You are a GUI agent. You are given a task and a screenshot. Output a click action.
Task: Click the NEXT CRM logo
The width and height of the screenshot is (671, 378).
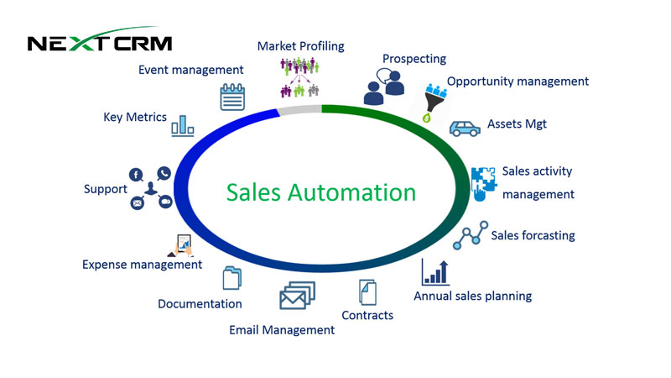point(99,42)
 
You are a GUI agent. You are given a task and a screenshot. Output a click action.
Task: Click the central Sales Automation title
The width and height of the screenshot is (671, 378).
point(321,192)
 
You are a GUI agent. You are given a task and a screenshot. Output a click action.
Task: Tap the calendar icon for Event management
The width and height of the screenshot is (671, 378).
point(231,97)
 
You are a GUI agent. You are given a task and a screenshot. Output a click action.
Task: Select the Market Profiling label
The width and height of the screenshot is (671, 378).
point(300,45)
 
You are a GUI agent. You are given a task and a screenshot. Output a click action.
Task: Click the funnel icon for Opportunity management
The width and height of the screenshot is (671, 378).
point(434,102)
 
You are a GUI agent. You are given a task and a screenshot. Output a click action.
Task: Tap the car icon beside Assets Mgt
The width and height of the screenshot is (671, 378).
point(465,128)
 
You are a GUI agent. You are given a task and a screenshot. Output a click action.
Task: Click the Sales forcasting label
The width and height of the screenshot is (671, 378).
point(533,235)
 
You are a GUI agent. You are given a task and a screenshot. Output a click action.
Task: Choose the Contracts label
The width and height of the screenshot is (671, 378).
point(367,315)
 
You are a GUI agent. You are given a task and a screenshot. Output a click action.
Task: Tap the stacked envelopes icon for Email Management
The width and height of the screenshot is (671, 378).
point(297,296)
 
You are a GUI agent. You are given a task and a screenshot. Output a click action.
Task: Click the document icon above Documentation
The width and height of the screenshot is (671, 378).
point(231,278)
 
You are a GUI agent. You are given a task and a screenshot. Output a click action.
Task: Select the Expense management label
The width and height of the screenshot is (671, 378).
point(142,264)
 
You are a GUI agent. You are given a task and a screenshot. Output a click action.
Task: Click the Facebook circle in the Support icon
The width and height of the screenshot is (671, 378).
point(135,174)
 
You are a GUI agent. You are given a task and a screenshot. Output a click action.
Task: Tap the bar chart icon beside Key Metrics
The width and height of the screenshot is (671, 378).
point(182,125)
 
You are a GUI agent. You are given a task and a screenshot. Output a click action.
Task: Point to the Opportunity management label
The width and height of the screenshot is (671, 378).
point(518,81)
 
